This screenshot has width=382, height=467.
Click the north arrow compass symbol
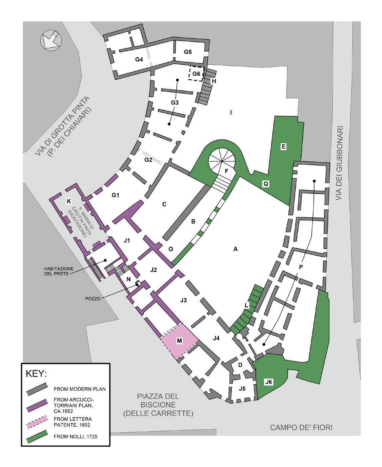pyautogui.click(x=50, y=40)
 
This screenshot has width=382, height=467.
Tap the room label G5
pyautogui.click(x=188, y=52)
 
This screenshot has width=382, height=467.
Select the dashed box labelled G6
pyautogui.click(x=196, y=74)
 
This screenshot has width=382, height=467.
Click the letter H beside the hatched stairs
pyautogui.click(x=214, y=81)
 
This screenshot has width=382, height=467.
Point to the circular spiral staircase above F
pyautogui.click(x=219, y=158)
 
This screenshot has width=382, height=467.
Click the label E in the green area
pyautogui.click(x=283, y=147)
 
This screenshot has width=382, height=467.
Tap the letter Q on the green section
pyautogui.click(x=266, y=183)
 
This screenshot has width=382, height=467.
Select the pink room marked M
pyautogui.click(x=179, y=341)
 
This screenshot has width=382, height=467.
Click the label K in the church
pyautogui.click(x=69, y=201)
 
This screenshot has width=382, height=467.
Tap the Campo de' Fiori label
pyautogui.click(x=301, y=427)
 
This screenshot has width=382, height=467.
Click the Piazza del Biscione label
pyautogui.click(x=158, y=405)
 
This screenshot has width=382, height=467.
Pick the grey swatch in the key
pyautogui.click(x=37, y=389)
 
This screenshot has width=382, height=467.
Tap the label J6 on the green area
pyautogui.click(x=268, y=382)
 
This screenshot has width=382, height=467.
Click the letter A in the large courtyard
pyautogui.click(x=235, y=249)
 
